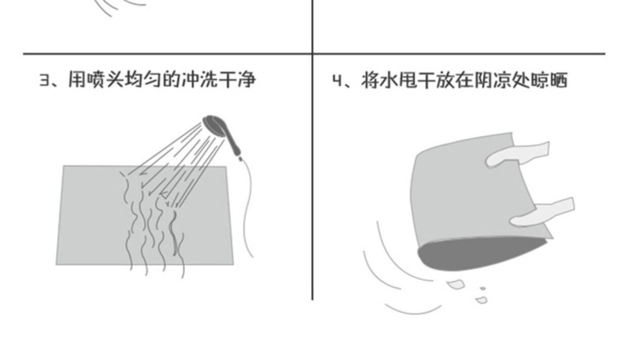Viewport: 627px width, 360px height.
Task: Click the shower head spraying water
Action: (x=214, y=124)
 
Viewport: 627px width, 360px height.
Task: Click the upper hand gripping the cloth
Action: (x=516, y=155)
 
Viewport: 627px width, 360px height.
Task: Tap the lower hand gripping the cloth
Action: (x=541, y=213)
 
